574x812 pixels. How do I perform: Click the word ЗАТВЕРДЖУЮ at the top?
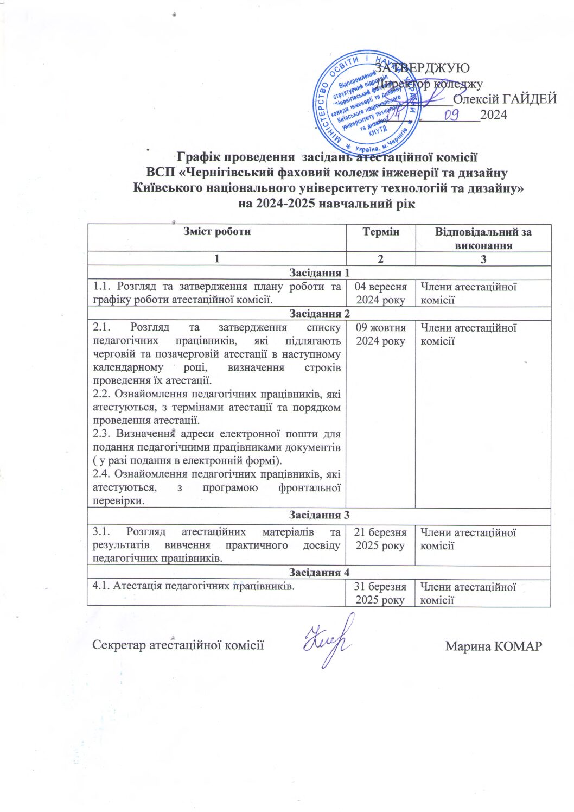422,68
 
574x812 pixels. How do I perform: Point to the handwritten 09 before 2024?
452,115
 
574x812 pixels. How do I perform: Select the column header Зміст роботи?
216,232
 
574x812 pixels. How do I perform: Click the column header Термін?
380,232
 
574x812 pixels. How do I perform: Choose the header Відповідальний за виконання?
483,238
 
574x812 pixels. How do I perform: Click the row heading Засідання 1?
319,272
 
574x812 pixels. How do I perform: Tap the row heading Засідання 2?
319,313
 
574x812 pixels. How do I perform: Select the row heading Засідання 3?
319,515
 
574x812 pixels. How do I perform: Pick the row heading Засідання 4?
319,572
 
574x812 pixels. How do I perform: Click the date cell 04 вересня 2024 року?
380,293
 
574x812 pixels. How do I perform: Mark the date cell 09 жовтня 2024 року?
380,334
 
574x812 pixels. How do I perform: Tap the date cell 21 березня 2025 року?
380,539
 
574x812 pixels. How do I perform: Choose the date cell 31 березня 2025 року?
380,593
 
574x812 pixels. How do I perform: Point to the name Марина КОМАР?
493,646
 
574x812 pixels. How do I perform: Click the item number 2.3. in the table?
103,434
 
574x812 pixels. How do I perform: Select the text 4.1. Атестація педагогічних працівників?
194,586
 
